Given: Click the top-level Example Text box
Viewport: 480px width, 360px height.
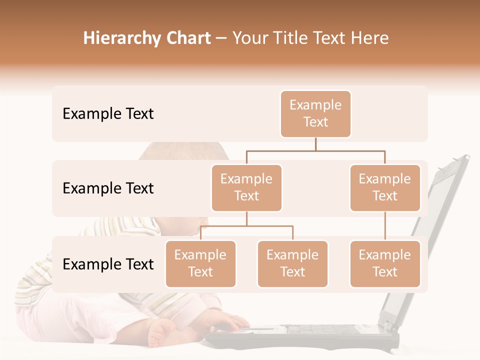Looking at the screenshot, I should click(x=315, y=113).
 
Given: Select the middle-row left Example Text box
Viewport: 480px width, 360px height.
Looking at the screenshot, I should click(x=246, y=187).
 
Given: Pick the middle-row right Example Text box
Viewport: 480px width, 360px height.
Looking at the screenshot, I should click(x=385, y=187).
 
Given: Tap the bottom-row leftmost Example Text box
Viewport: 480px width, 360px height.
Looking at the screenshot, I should click(x=200, y=263).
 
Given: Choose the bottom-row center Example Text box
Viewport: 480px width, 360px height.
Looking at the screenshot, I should click(x=292, y=263).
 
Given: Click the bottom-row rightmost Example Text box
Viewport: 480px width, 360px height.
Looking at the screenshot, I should click(x=385, y=263).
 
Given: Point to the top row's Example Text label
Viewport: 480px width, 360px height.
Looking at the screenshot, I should click(x=108, y=114).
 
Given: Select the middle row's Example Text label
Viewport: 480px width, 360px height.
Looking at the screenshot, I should click(x=108, y=188).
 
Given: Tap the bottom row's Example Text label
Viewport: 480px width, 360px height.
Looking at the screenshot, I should click(x=108, y=264).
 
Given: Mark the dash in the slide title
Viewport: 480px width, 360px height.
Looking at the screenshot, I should click(x=221, y=38).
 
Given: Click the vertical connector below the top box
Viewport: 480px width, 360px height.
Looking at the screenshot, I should click(x=315, y=144).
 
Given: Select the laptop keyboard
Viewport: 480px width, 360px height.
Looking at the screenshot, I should click(x=320, y=330).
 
